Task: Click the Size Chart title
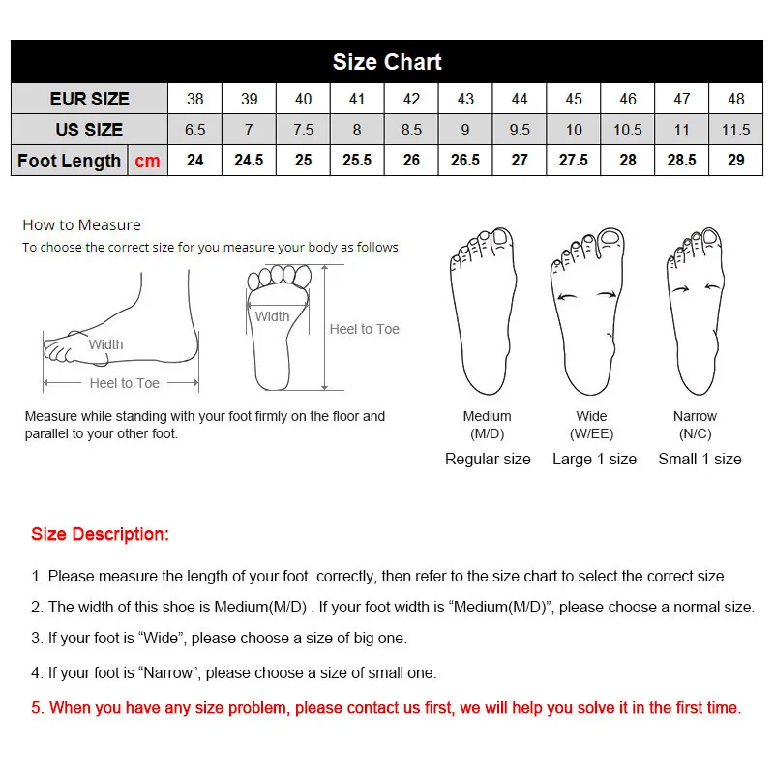pyautogui.click(x=387, y=62)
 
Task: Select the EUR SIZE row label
pyautogui.click(x=89, y=99)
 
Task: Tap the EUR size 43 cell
pyautogui.click(x=465, y=99)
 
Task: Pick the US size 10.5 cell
pyautogui.click(x=627, y=130)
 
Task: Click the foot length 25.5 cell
pyautogui.click(x=357, y=160)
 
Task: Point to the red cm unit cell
pyautogui.click(x=148, y=161)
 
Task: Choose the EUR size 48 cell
pyautogui.click(x=735, y=99)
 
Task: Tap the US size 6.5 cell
pyautogui.click(x=195, y=130)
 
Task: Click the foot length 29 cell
pyautogui.click(x=735, y=160)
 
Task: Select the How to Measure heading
pyautogui.click(x=82, y=225)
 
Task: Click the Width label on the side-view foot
pyautogui.click(x=105, y=344)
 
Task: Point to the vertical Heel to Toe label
pyautogui.click(x=365, y=329)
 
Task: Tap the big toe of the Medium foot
pyautogui.click(x=501, y=238)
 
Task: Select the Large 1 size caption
pyautogui.click(x=594, y=459)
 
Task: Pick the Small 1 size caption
pyautogui.click(x=700, y=459)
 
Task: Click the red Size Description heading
pyautogui.click(x=101, y=534)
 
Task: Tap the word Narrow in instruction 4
pyautogui.click(x=167, y=672)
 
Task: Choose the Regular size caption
pyautogui.click(x=488, y=460)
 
